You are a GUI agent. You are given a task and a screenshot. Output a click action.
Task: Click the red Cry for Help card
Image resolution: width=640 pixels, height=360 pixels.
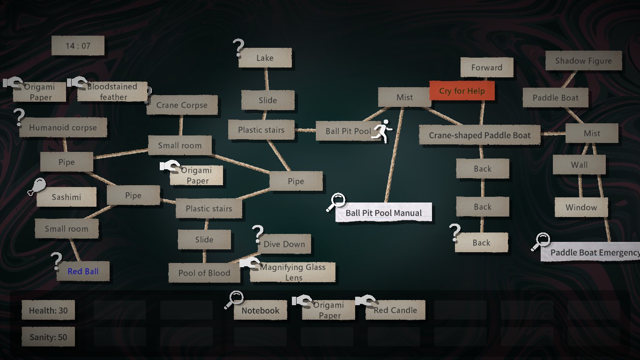462,91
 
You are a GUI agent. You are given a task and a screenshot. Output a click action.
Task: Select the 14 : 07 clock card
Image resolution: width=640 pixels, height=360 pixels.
78,46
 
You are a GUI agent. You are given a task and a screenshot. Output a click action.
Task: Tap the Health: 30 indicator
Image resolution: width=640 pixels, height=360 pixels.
48,310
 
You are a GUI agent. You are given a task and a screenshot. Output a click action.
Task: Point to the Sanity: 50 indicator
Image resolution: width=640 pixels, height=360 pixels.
48,337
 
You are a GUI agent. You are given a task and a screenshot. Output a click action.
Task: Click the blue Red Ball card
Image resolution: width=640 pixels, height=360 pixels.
83,271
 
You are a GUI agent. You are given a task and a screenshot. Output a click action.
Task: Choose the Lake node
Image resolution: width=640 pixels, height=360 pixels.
265,58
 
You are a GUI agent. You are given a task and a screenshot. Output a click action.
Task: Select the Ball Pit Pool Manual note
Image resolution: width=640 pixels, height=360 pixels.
384,213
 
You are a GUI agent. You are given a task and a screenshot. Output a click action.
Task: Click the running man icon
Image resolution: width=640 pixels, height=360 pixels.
383,131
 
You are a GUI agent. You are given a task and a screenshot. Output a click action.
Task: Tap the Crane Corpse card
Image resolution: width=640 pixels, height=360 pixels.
182,105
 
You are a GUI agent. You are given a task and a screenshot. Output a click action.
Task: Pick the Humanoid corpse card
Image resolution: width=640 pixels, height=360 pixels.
63,127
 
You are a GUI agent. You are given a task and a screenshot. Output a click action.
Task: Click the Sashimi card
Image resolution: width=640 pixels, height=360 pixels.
66,197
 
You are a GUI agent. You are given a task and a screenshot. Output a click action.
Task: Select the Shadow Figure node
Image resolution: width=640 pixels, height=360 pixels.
583,61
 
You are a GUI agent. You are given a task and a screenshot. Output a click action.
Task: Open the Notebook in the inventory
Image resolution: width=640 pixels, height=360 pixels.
260,310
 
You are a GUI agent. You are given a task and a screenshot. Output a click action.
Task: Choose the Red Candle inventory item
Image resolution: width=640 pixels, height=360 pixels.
395,310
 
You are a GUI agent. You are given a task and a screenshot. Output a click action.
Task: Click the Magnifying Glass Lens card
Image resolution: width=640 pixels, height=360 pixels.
293,272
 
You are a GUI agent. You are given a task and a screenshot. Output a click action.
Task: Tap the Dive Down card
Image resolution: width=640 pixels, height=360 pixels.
284,244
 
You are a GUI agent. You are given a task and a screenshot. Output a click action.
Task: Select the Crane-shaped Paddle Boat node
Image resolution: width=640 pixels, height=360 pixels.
480,135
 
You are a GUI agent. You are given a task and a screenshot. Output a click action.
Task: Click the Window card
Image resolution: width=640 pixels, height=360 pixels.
581,208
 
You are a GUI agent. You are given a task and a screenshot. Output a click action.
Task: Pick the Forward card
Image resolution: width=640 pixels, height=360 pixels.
487,67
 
